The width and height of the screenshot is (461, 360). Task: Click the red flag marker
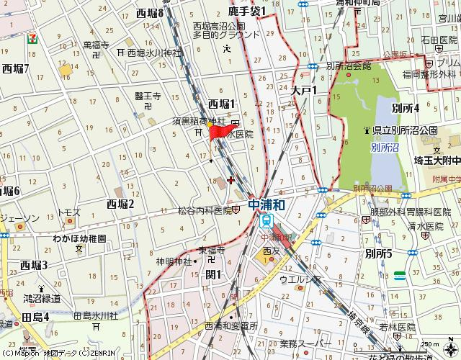pyautogui.click(x=217, y=132)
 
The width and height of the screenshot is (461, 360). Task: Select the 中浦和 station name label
pyautogui.click(x=267, y=205)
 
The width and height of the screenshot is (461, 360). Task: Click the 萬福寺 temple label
pyautogui.click(x=96, y=45)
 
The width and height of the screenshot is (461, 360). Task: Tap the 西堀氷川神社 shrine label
pyautogui.click(x=153, y=53)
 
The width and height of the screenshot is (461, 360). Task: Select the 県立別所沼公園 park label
pyautogui.click(x=405, y=130)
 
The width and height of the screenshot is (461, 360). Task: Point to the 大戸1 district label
pyautogui.click(x=305, y=91)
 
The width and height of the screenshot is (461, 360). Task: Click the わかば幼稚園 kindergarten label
pyautogui.click(x=79, y=238)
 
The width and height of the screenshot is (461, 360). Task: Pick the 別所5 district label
pyautogui.click(x=378, y=253)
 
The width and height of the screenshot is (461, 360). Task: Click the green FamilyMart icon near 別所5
pyautogui.click(x=400, y=275)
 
